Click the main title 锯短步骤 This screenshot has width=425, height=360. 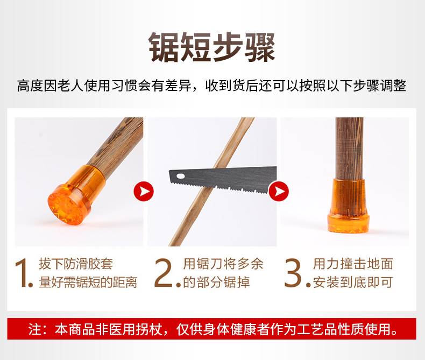(x=212, y=47)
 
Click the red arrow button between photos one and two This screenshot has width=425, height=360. (x=144, y=192)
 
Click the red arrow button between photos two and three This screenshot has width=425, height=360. (x=279, y=192)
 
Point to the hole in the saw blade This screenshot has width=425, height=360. (x=180, y=177)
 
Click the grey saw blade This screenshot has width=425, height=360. (x=223, y=179)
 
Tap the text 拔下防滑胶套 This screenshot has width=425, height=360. (x=76, y=264)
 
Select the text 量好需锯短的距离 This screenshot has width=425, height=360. (x=88, y=282)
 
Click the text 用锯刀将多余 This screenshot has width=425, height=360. (x=223, y=264)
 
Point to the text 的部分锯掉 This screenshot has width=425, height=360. (x=216, y=282)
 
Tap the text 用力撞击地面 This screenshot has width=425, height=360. (x=353, y=264)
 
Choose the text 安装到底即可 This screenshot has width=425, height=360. (x=353, y=282)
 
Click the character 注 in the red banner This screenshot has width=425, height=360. (x=34, y=329)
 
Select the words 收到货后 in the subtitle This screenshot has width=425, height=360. (x=232, y=86)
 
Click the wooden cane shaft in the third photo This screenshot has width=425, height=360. (x=349, y=148)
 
